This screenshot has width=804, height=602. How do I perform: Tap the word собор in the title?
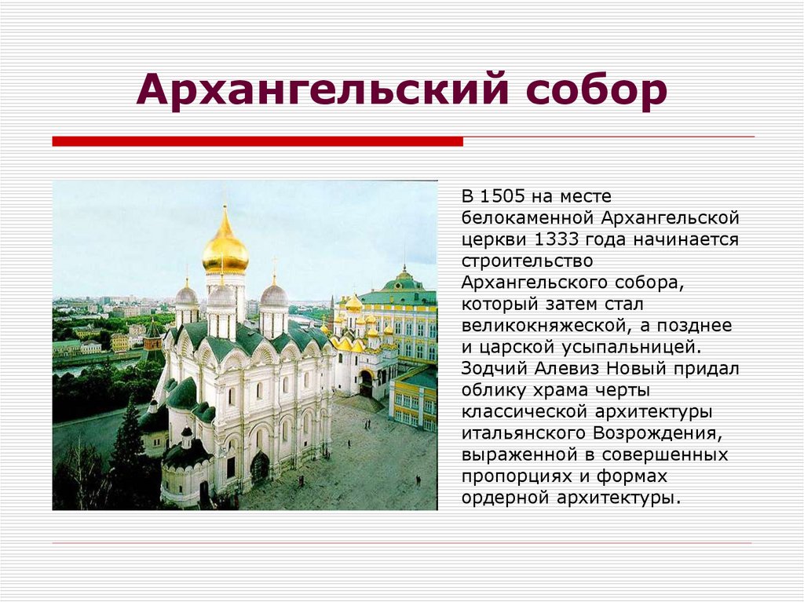[597, 91]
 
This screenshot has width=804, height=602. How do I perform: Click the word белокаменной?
[528, 217]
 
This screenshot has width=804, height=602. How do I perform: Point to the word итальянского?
[519, 432]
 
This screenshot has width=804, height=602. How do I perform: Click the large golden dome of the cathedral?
[225, 250]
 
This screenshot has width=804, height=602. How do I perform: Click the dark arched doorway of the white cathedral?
[260, 468]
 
